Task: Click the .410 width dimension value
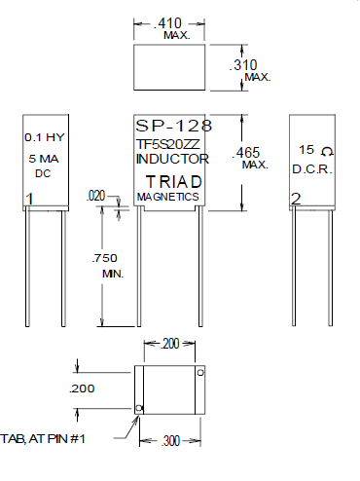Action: (167, 23)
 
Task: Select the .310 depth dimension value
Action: (243, 65)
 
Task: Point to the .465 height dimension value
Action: (246, 153)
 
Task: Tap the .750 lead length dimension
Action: (104, 258)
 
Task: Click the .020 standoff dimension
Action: (96, 196)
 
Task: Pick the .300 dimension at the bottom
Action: (170, 441)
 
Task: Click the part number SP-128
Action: (174, 126)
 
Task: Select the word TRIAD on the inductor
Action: (174, 182)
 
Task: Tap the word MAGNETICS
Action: (168, 197)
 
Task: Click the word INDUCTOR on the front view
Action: (172, 159)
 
